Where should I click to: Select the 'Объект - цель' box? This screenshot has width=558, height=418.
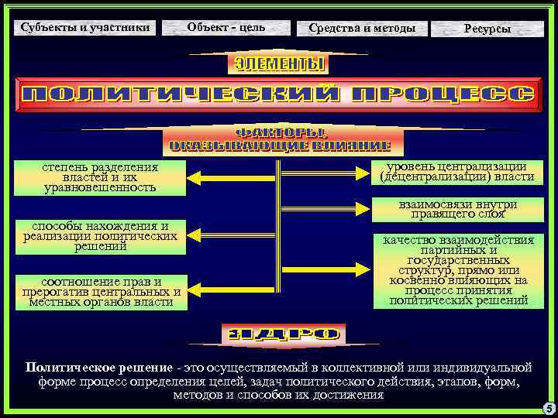click(226, 28)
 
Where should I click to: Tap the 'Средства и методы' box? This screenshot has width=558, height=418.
click(362, 29)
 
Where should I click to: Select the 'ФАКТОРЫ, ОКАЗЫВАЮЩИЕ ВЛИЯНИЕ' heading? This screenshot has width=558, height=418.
click(279, 139)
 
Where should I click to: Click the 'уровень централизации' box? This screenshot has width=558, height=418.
click(453, 172)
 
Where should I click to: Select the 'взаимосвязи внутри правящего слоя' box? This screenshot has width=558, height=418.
click(453, 209)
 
